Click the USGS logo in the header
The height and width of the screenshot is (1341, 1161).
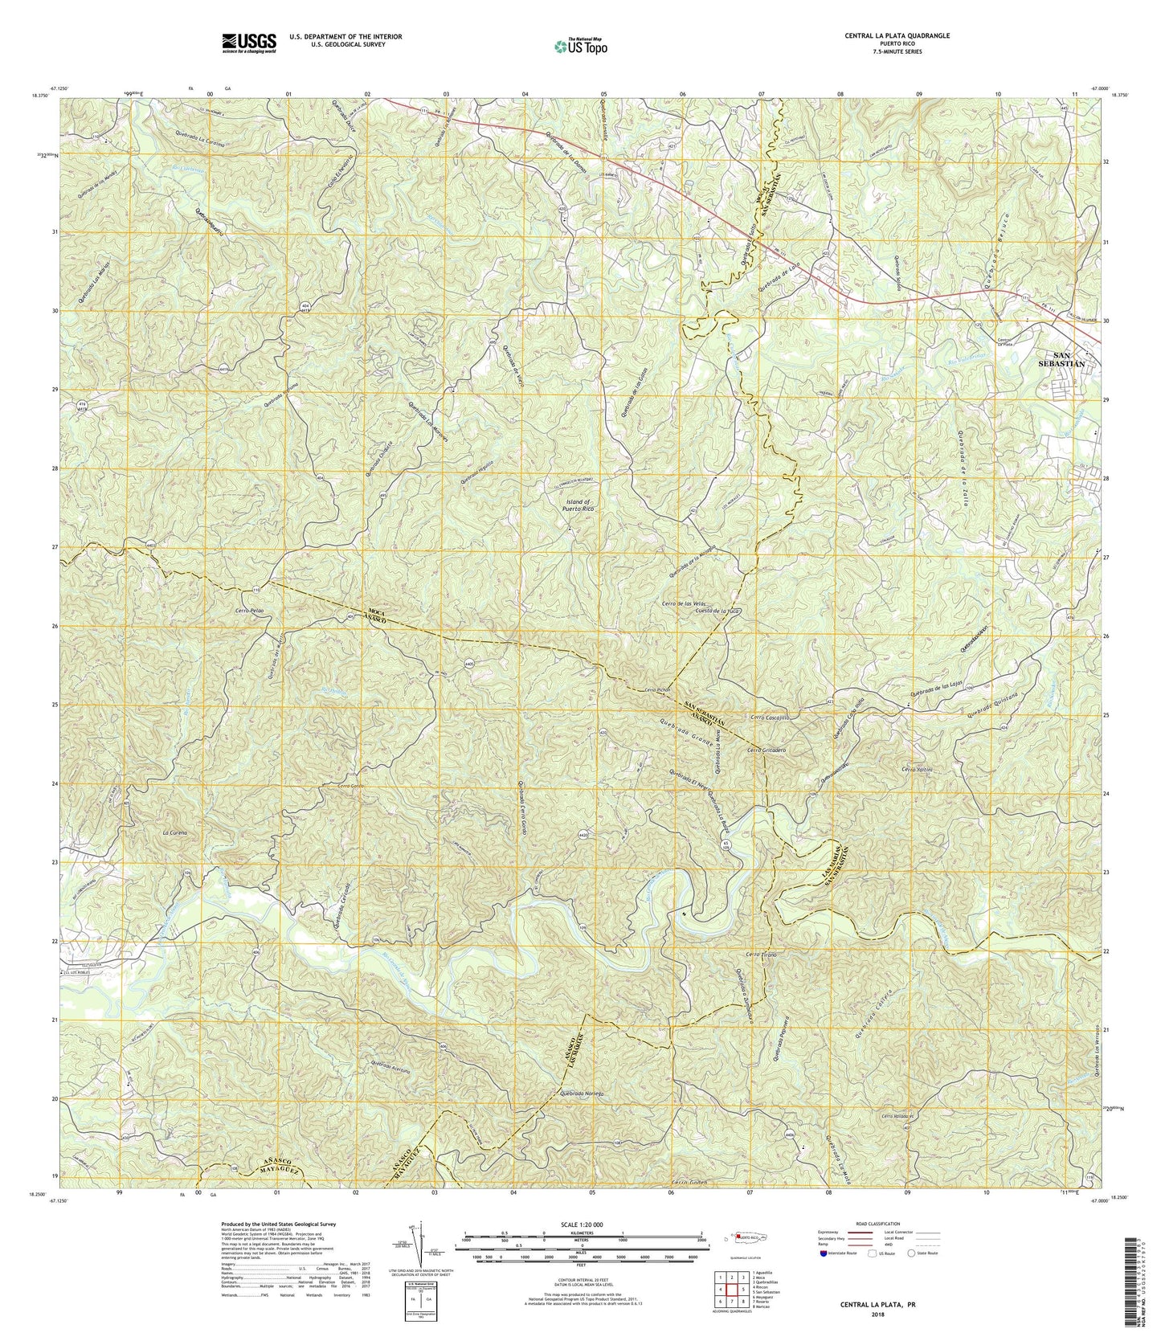(248, 42)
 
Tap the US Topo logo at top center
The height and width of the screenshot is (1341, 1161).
(580, 45)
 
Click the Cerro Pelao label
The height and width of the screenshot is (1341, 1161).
(232, 611)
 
